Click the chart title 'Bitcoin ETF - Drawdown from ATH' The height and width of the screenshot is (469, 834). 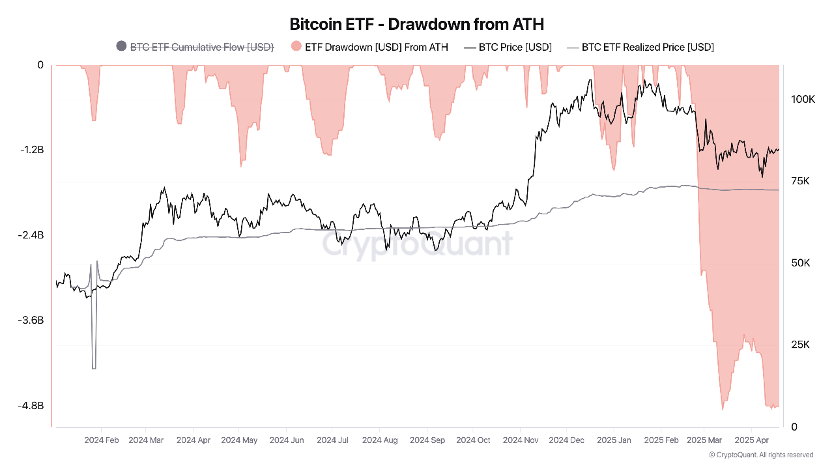point(417,24)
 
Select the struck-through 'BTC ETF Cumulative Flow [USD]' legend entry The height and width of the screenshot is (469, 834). point(202,47)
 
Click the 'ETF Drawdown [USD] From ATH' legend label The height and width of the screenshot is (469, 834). point(376,47)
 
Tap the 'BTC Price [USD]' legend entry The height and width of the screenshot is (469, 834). point(515,47)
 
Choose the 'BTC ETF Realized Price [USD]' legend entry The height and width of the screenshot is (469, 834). point(647,47)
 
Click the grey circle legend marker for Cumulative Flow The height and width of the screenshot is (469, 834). point(121,47)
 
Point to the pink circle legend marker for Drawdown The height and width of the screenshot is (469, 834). point(296,47)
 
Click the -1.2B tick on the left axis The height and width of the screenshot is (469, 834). point(32,150)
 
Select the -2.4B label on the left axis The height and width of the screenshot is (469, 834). point(32,235)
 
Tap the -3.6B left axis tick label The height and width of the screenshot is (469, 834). point(32,320)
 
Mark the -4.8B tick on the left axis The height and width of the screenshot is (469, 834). point(32,406)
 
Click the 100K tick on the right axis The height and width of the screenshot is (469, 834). point(803,100)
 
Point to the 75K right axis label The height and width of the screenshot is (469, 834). point(800,181)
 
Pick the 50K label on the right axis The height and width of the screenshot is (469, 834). point(800,263)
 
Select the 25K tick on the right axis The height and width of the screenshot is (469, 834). point(800,345)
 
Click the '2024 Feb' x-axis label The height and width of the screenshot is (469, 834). point(102,440)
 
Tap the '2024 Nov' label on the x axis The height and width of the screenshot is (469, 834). point(521,440)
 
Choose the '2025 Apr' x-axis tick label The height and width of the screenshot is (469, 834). point(752,440)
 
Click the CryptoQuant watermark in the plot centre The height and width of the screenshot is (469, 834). point(417,245)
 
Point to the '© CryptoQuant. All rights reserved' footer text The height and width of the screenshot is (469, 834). point(760,455)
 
